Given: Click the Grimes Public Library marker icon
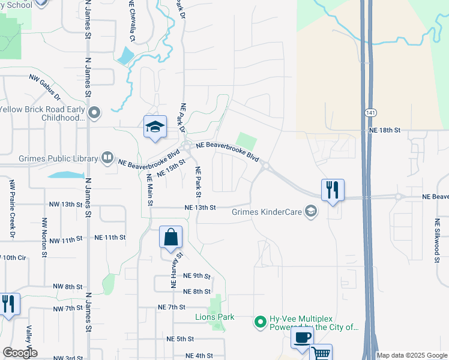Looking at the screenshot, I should click(x=107, y=158).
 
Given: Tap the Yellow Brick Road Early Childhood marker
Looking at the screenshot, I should click(x=94, y=113).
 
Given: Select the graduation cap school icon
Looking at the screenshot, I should click(x=155, y=127).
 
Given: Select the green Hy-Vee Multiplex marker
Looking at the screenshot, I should click(x=260, y=322).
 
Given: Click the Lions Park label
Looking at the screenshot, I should click(x=214, y=317).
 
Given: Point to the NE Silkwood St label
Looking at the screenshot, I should click(x=437, y=239).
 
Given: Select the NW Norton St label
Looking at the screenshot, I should click(x=44, y=238).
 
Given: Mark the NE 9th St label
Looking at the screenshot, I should click(x=197, y=276).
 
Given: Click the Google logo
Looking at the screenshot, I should click(x=19, y=353).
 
